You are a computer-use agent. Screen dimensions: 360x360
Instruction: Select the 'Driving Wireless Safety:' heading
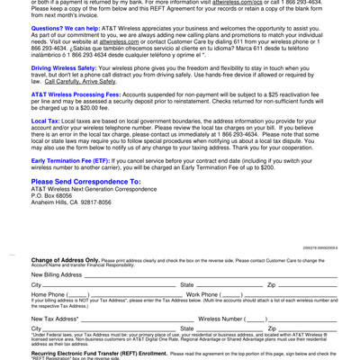click(64, 68)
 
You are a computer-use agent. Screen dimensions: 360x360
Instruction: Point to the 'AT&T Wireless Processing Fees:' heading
click(76, 94)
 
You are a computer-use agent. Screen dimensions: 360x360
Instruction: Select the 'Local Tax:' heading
click(46, 121)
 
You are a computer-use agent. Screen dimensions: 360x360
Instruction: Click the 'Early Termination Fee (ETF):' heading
click(71, 160)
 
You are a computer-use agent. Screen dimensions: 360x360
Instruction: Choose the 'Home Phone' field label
click(49, 294)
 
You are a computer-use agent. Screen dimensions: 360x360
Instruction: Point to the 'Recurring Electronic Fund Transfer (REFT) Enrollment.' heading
click(99, 354)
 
